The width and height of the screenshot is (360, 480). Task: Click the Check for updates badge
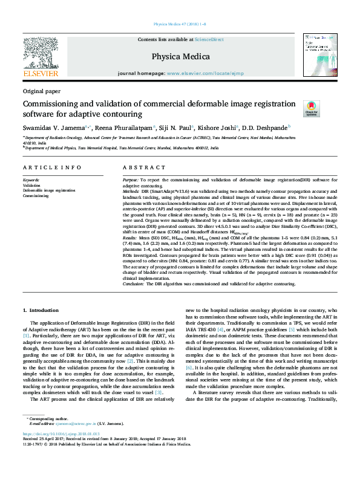(311, 108)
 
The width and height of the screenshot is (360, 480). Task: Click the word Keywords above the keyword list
(31, 180)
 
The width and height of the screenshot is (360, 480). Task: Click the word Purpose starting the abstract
(131, 180)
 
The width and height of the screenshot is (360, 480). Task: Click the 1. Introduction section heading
(41, 310)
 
